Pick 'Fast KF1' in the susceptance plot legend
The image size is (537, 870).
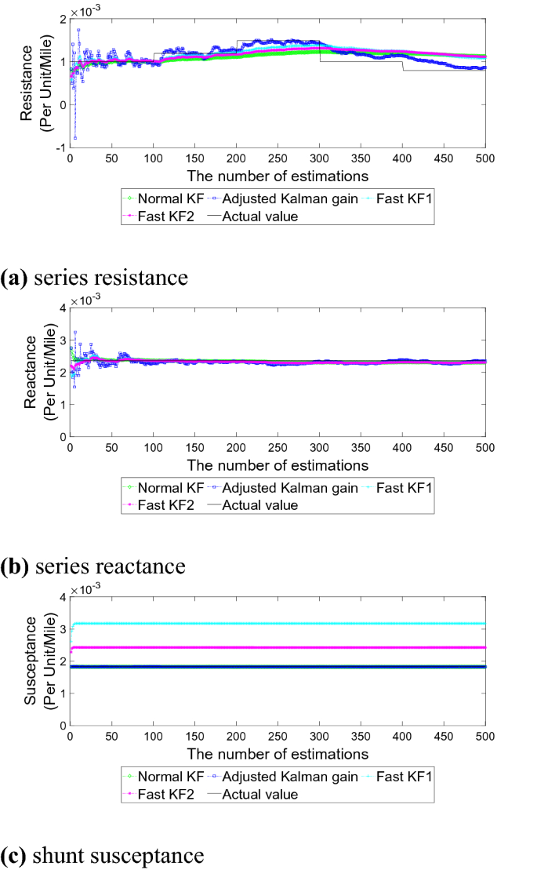point(403,777)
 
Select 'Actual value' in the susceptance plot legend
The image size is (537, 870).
point(260,794)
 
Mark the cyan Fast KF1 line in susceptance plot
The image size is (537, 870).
point(274,624)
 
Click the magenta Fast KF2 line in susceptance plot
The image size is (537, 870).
point(274,647)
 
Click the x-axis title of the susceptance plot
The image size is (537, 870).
point(278,754)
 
